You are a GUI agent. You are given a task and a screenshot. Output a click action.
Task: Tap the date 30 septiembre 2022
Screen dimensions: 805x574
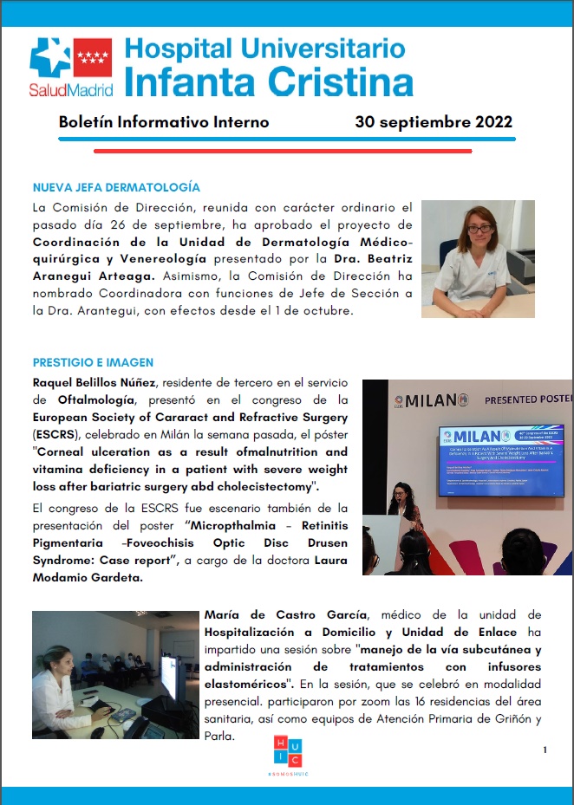pyautogui.click(x=434, y=122)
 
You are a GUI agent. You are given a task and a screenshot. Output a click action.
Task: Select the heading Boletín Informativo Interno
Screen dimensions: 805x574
pyautogui.click(x=164, y=122)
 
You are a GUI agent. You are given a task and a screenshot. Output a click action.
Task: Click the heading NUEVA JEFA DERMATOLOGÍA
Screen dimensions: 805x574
pyautogui.click(x=116, y=187)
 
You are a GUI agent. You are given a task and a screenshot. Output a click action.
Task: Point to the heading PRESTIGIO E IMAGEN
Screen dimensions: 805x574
pyautogui.click(x=93, y=362)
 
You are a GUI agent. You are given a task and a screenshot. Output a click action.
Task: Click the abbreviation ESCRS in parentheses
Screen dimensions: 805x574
pyautogui.click(x=57, y=434)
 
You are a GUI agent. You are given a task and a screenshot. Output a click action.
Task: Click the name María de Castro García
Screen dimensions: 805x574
pyautogui.click(x=268, y=615)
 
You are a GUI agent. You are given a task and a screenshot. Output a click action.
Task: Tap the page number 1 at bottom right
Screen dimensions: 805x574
pyautogui.click(x=545, y=750)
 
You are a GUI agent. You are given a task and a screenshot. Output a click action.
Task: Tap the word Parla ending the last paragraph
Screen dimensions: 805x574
pyautogui.click(x=222, y=737)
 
